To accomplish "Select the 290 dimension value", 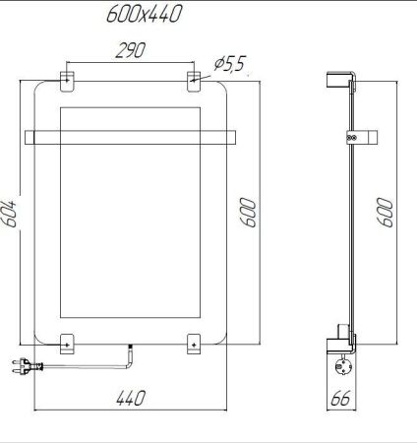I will click(125, 52).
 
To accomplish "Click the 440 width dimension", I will click(130, 399).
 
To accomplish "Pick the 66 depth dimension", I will click(340, 399).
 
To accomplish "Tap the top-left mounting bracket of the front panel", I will click(68, 78).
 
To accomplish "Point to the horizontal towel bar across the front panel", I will click(131, 136).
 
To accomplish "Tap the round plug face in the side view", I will click(345, 366).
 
